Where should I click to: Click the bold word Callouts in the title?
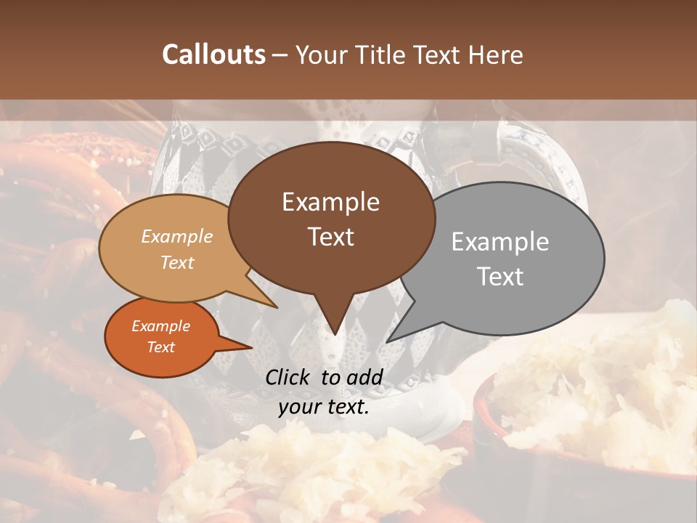point(213,54)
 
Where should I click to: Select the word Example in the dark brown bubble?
point(330,202)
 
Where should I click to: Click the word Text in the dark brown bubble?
point(330,237)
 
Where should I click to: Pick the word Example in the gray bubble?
point(500,242)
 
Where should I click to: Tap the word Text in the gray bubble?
point(501,277)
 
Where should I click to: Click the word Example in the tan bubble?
point(176,236)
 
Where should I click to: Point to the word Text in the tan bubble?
point(177,262)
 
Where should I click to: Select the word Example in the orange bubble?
point(160,326)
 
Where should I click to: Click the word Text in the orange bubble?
point(160,347)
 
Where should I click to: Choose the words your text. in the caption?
point(324,407)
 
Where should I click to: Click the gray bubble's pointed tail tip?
point(387,341)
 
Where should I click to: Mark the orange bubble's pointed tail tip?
point(251,348)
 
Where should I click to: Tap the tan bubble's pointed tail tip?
point(277,307)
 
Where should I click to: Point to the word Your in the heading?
point(319,54)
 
